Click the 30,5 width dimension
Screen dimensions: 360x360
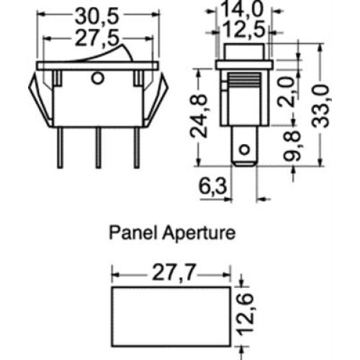97,17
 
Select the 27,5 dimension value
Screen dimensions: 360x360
97,38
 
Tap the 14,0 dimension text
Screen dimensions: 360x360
241,9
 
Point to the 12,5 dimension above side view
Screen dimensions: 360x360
243,30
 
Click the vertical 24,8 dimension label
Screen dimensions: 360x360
198,117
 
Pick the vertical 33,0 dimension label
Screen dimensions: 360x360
320,107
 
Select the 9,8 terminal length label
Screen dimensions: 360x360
292,145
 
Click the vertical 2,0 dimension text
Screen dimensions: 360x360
286,91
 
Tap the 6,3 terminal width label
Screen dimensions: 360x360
212,186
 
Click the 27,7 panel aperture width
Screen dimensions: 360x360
174,272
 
